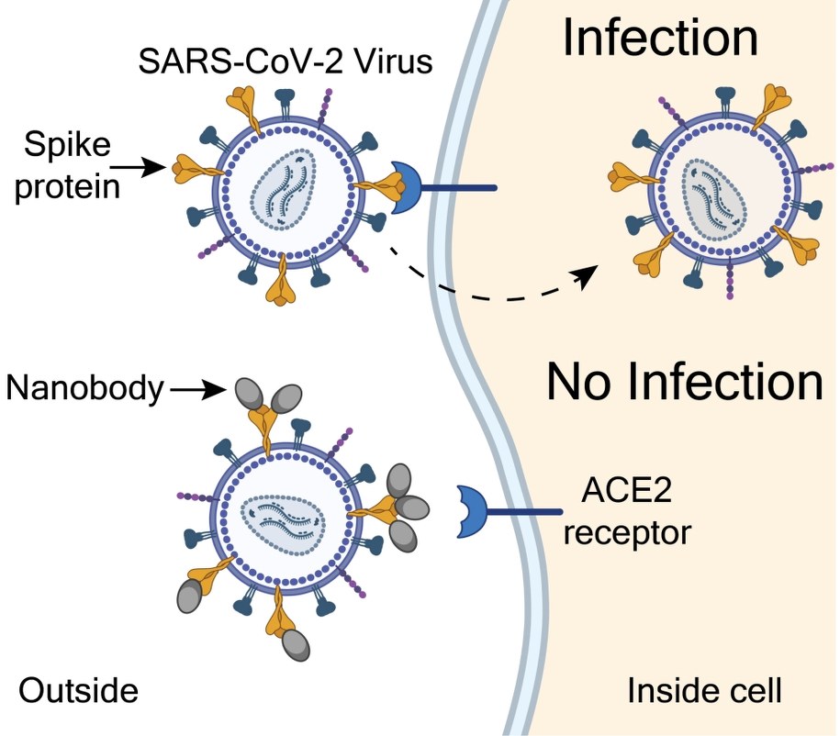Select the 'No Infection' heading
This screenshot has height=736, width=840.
pyautogui.click(x=684, y=380)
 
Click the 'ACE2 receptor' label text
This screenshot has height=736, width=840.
pyautogui.click(x=626, y=513)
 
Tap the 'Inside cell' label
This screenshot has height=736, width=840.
pyautogui.click(x=704, y=690)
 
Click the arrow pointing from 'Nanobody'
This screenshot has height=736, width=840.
pyautogui.click(x=198, y=390)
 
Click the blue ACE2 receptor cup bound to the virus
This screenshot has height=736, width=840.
pyautogui.click(x=406, y=187)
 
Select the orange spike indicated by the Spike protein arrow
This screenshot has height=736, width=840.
pyautogui.click(x=190, y=167)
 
